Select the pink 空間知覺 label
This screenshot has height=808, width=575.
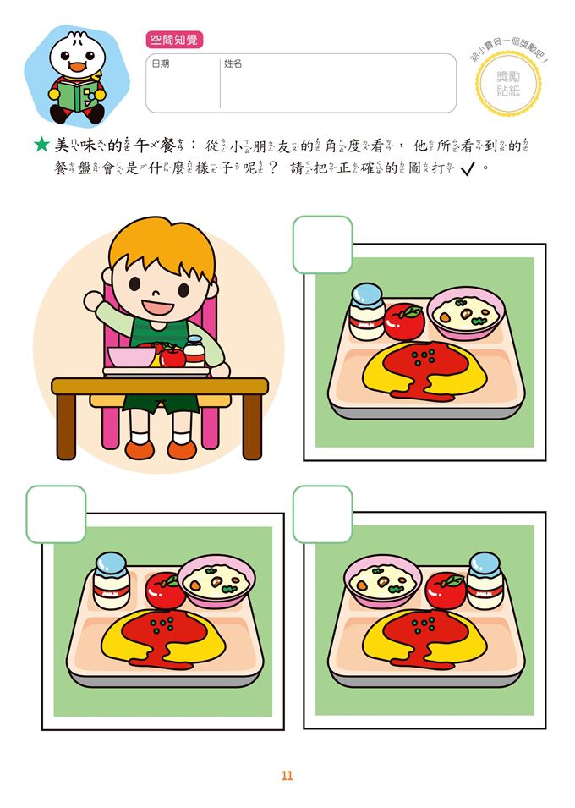point(174,40)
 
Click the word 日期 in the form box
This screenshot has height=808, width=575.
point(160,63)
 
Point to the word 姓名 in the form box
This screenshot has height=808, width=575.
point(233,63)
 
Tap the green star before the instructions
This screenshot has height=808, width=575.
point(41,146)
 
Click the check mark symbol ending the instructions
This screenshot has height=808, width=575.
point(467,169)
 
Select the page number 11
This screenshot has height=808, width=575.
point(287,776)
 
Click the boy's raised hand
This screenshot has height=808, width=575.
point(91,300)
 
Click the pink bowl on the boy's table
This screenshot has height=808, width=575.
point(131,357)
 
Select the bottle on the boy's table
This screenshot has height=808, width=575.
point(195,350)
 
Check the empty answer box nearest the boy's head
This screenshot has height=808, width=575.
point(322,245)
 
